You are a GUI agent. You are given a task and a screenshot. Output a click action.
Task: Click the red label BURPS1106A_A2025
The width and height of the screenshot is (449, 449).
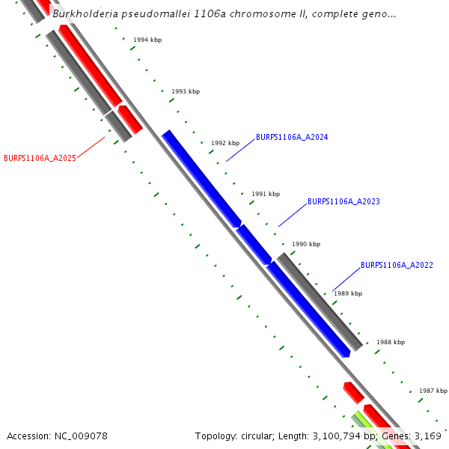(x=40, y=158)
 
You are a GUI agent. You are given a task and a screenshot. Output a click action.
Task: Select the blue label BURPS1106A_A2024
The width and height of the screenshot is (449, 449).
(x=292, y=138)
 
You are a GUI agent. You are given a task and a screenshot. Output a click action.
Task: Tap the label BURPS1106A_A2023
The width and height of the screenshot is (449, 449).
(x=343, y=202)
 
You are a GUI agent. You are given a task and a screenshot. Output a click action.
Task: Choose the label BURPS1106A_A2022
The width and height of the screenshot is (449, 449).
(x=397, y=266)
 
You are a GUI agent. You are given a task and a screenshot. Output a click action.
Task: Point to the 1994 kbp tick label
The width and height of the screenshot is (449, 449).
(x=147, y=40)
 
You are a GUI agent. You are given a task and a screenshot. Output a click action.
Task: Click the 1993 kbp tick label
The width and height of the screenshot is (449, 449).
(x=186, y=91)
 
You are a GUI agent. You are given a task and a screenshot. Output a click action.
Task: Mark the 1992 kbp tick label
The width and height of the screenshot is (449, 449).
(x=225, y=143)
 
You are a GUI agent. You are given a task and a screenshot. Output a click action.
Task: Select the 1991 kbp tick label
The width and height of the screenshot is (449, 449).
(x=266, y=194)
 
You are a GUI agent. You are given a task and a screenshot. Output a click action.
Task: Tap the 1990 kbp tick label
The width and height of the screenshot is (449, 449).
(x=306, y=244)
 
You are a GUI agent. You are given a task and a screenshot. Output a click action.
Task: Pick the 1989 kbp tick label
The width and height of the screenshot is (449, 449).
(x=348, y=293)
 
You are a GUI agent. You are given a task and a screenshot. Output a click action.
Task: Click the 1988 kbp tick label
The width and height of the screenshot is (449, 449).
(x=391, y=342)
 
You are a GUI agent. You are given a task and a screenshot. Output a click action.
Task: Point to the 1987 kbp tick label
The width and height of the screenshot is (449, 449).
(x=433, y=391)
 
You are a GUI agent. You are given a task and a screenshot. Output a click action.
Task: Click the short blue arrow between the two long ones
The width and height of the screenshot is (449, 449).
(x=254, y=244)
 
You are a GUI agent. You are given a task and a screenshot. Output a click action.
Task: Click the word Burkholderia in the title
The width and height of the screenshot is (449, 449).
(x=84, y=14)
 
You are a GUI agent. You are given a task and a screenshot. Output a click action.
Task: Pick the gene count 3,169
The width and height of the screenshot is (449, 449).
(x=427, y=436)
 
